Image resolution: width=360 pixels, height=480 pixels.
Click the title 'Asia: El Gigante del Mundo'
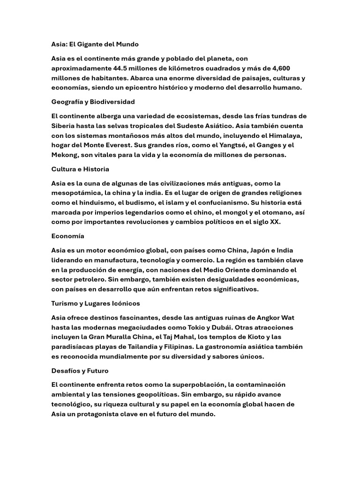coord(95,45)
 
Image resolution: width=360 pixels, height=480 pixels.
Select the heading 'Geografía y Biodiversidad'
coord(93,102)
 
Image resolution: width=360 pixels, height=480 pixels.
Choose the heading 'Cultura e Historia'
coord(80,169)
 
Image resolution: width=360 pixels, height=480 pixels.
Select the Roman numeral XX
coord(275,222)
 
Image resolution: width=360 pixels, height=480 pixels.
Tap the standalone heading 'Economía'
coord(67,236)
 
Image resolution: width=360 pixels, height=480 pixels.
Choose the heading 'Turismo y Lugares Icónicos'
coord(96,304)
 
